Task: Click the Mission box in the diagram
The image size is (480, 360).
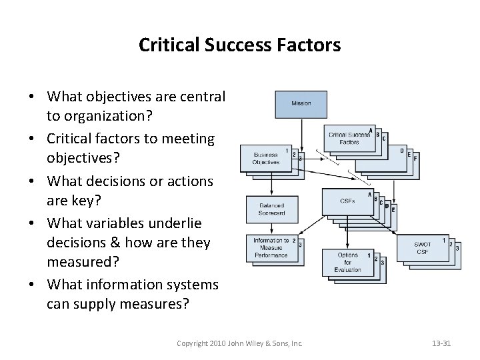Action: [x=301, y=104]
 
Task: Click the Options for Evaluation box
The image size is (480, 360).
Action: [x=347, y=261]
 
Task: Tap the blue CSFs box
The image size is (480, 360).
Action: [x=347, y=201]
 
